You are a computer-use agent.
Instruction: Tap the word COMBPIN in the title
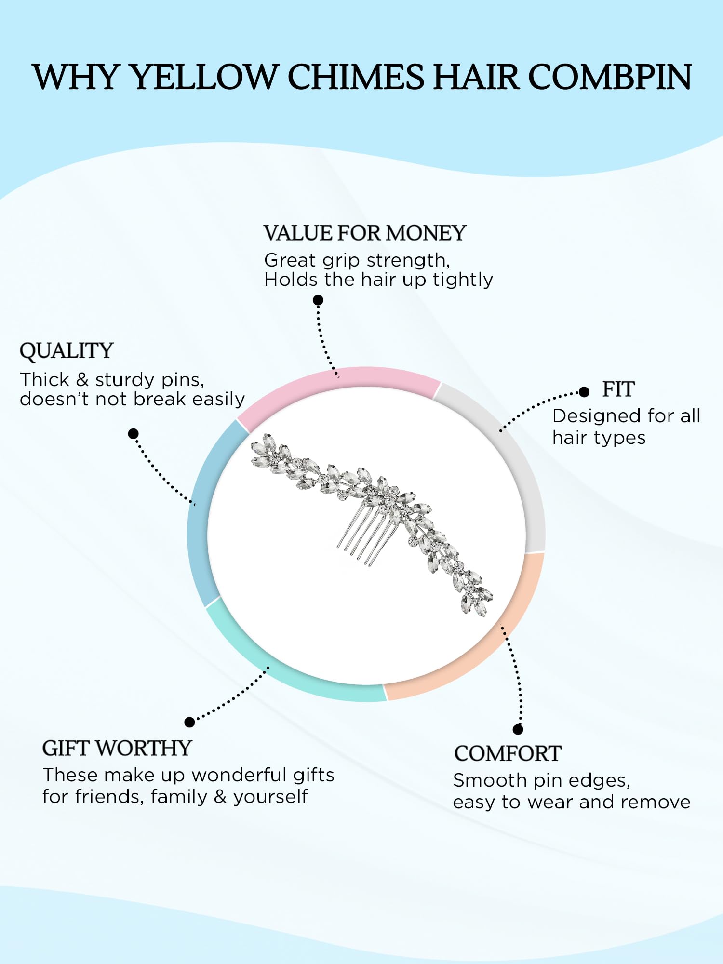610,77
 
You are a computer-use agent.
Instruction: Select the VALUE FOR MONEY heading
364,233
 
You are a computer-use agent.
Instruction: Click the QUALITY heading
67,351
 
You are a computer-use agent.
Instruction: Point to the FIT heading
618,389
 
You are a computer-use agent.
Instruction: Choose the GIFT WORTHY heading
117,749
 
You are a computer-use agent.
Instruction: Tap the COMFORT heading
508,754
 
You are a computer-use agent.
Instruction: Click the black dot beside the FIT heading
584,392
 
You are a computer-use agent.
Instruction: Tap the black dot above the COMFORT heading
518,729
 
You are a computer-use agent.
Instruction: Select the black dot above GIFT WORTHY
189,722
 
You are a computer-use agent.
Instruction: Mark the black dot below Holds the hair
318,300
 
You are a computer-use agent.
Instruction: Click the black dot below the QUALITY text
134,434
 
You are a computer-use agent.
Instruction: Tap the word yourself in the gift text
270,797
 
